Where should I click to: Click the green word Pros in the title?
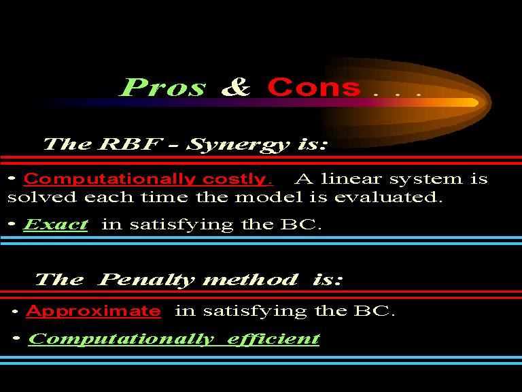(162, 87)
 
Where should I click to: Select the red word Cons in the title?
(314, 87)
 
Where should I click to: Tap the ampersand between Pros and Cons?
(236, 87)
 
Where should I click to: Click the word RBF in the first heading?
(130, 144)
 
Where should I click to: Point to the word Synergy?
(238, 146)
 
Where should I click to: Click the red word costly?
(238, 180)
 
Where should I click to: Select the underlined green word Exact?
(55, 225)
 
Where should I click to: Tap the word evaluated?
(389, 197)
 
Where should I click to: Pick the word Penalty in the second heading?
(146, 280)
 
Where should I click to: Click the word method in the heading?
(250, 279)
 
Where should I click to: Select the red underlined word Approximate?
(94, 311)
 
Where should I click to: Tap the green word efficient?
(273, 340)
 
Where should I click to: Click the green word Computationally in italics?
(121, 340)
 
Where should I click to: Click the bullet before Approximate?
(15, 312)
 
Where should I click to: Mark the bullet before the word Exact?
(12, 224)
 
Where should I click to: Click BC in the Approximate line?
(375, 311)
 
